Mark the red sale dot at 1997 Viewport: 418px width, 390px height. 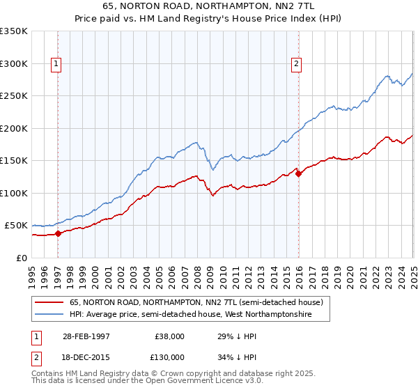coord(59,233)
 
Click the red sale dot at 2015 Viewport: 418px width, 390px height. coord(298,173)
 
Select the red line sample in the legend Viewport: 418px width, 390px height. coord(49,303)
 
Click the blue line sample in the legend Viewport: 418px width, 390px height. coord(49,315)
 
